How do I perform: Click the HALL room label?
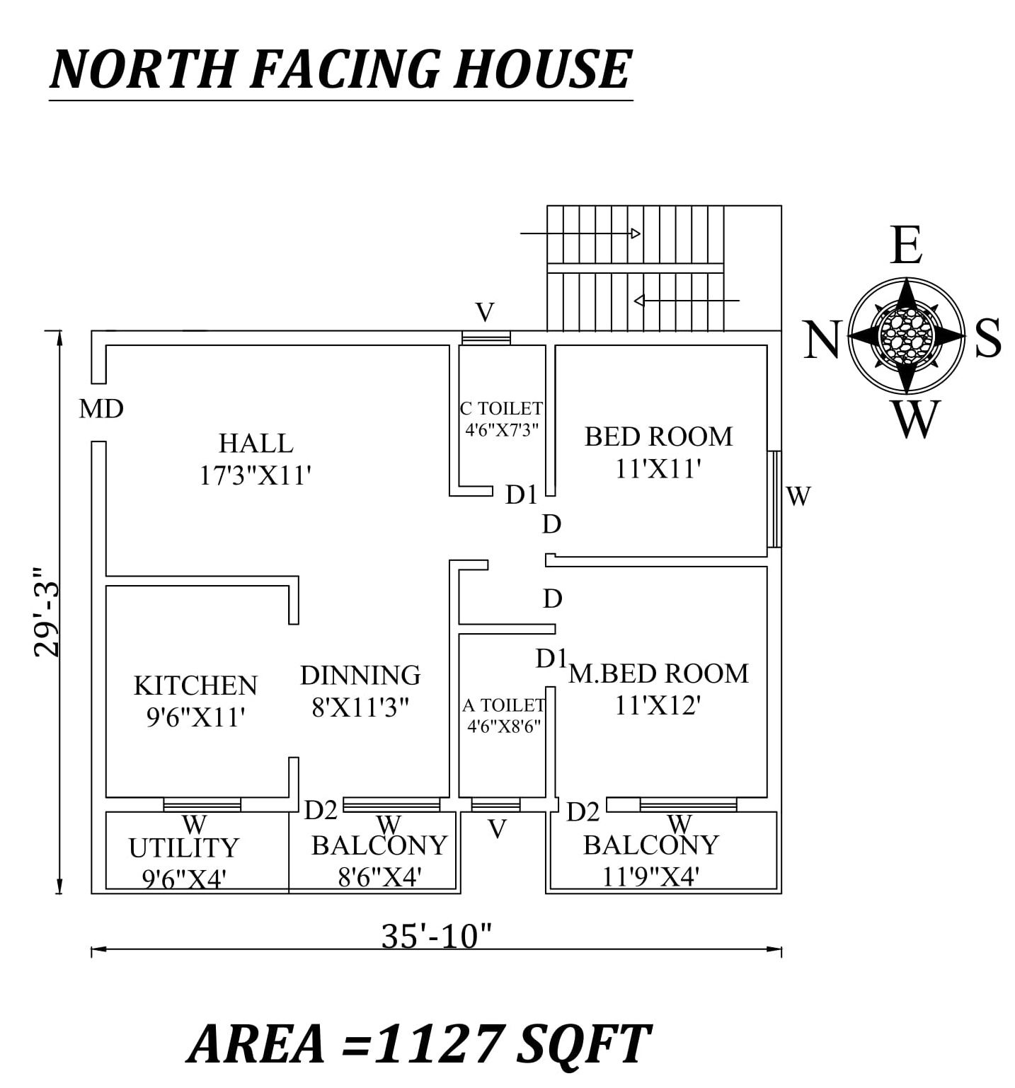(256, 444)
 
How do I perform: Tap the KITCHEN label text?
(195, 685)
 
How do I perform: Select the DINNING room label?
(360, 676)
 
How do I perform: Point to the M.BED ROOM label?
(658, 673)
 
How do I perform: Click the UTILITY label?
(184, 847)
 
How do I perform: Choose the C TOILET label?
(501, 408)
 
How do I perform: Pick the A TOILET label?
(503, 705)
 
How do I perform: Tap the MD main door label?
(101, 409)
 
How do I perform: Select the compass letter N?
(822, 340)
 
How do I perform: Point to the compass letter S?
(988, 338)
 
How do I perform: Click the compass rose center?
(906, 335)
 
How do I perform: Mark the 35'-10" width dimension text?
(436, 936)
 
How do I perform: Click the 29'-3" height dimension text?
(48, 611)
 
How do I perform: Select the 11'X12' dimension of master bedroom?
(658, 705)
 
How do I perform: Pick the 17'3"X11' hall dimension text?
(256, 475)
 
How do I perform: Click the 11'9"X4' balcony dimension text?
(650, 876)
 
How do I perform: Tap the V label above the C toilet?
(485, 312)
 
